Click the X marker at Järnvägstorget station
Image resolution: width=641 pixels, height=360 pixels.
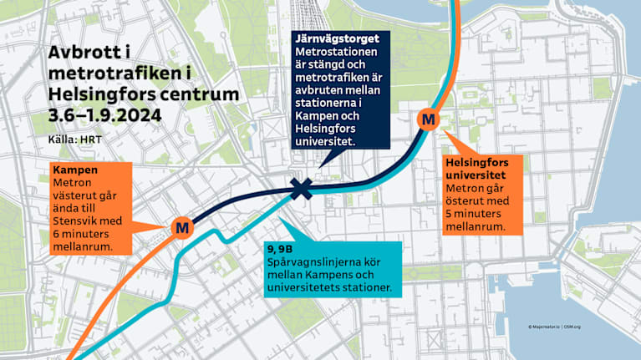(x=301, y=190)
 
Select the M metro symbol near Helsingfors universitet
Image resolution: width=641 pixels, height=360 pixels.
(x=429, y=119)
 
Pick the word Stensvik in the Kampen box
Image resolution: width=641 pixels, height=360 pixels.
(x=77, y=221)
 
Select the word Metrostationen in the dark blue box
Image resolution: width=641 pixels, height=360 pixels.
(x=334, y=53)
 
